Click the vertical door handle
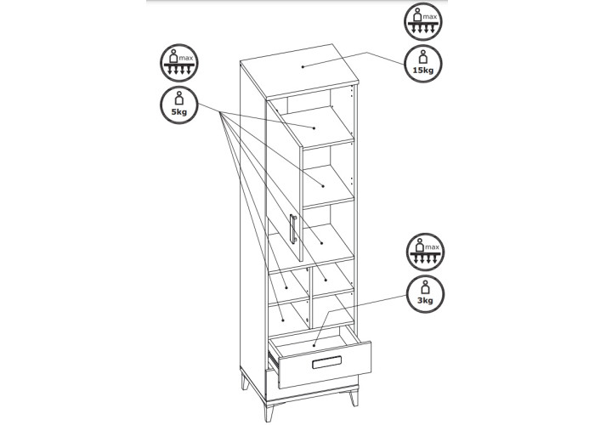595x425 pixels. coord(293,228)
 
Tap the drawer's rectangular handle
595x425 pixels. coord(326,362)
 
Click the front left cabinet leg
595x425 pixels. coord(246,381)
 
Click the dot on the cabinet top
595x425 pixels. coord(303,67)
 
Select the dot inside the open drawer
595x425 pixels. coord(314,345)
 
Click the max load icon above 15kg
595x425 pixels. coord(422,21)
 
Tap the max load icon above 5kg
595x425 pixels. coord(179,63)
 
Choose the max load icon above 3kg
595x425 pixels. coord(425,252)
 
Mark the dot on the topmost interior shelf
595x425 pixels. coord(314,128)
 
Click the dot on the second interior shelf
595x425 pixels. coord(323,186)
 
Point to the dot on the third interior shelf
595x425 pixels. coord(322,243)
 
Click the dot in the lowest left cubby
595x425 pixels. coord(283,320)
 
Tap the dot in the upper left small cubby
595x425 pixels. coord(286,287)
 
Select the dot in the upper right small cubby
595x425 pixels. coord(326,280)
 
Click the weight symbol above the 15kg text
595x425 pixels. coord(422,57)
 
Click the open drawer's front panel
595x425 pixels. coord(325,365)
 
